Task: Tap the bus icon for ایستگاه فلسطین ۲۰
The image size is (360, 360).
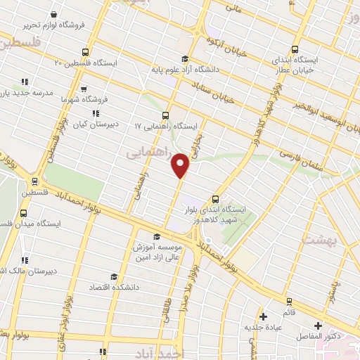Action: pos(85,52)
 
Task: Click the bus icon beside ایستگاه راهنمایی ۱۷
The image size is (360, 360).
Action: pos(165,116)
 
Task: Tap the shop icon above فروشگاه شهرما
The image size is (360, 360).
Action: pos(84,89)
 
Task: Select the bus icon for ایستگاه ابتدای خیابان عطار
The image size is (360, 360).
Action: pos(295,50)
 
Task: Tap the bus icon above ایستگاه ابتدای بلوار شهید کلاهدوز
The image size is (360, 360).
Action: pos(216,198)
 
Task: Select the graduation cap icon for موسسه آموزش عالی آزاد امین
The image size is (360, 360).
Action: pos(157,237)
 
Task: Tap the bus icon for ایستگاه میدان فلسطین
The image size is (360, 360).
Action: pos(24,212)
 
